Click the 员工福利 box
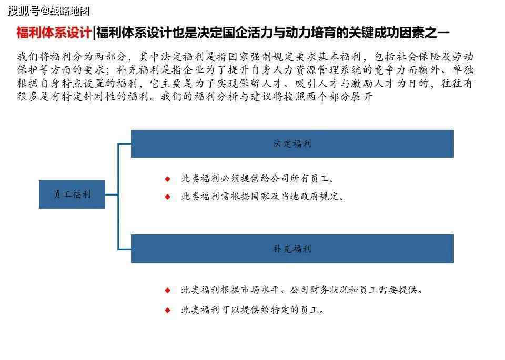[x=72, y=194]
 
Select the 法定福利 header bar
[x=292, y=143]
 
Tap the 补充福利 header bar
[x=292, y=249]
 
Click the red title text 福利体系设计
[x=54, y=33]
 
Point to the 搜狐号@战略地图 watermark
[x=48, y=11]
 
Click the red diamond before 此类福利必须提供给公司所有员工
[x=167, y=179]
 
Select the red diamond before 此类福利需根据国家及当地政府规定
[x=167, y=197]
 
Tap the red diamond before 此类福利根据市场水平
[x=167, y=291]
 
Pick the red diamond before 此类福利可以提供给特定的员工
[x=167, y=310]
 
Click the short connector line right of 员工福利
[x=112, y=194]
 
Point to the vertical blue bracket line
[x=118, y=196]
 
